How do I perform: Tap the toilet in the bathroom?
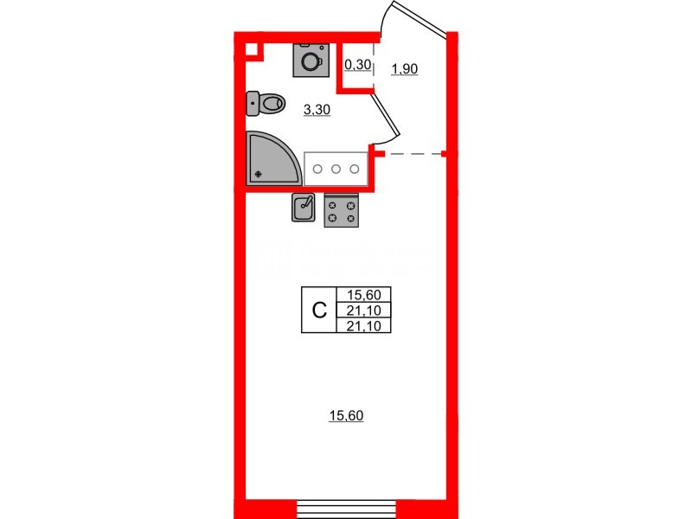[267, 104]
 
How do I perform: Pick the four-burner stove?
[341, 211]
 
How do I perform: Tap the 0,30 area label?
[357, 63]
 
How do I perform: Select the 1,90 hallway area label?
[404, 69]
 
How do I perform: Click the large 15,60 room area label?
[345, 416]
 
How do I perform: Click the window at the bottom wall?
[346, 508]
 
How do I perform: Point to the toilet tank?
[253, 104]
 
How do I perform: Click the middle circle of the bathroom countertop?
[336, 169]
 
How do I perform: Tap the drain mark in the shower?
[259, 173]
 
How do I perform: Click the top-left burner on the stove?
[332, 204]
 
